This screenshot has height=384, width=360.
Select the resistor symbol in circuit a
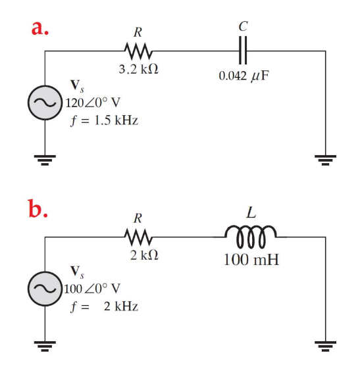139,51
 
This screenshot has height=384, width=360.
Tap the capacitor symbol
244,51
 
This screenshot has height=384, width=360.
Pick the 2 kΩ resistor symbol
139,235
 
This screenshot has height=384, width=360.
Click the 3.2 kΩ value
137,71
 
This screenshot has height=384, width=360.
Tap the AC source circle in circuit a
44,103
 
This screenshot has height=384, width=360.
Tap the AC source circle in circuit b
44,288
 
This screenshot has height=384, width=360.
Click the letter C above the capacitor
244,27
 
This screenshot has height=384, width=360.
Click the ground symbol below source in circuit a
44,158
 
